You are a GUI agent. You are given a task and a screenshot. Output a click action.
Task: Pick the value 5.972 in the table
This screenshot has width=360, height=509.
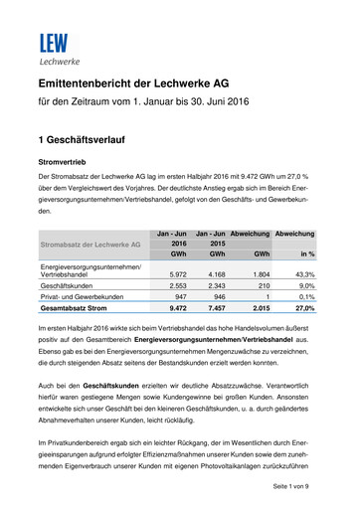click(x=179, y=274)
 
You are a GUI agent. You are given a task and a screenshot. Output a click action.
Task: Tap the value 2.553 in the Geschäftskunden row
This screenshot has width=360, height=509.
click(x=179, y=287)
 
